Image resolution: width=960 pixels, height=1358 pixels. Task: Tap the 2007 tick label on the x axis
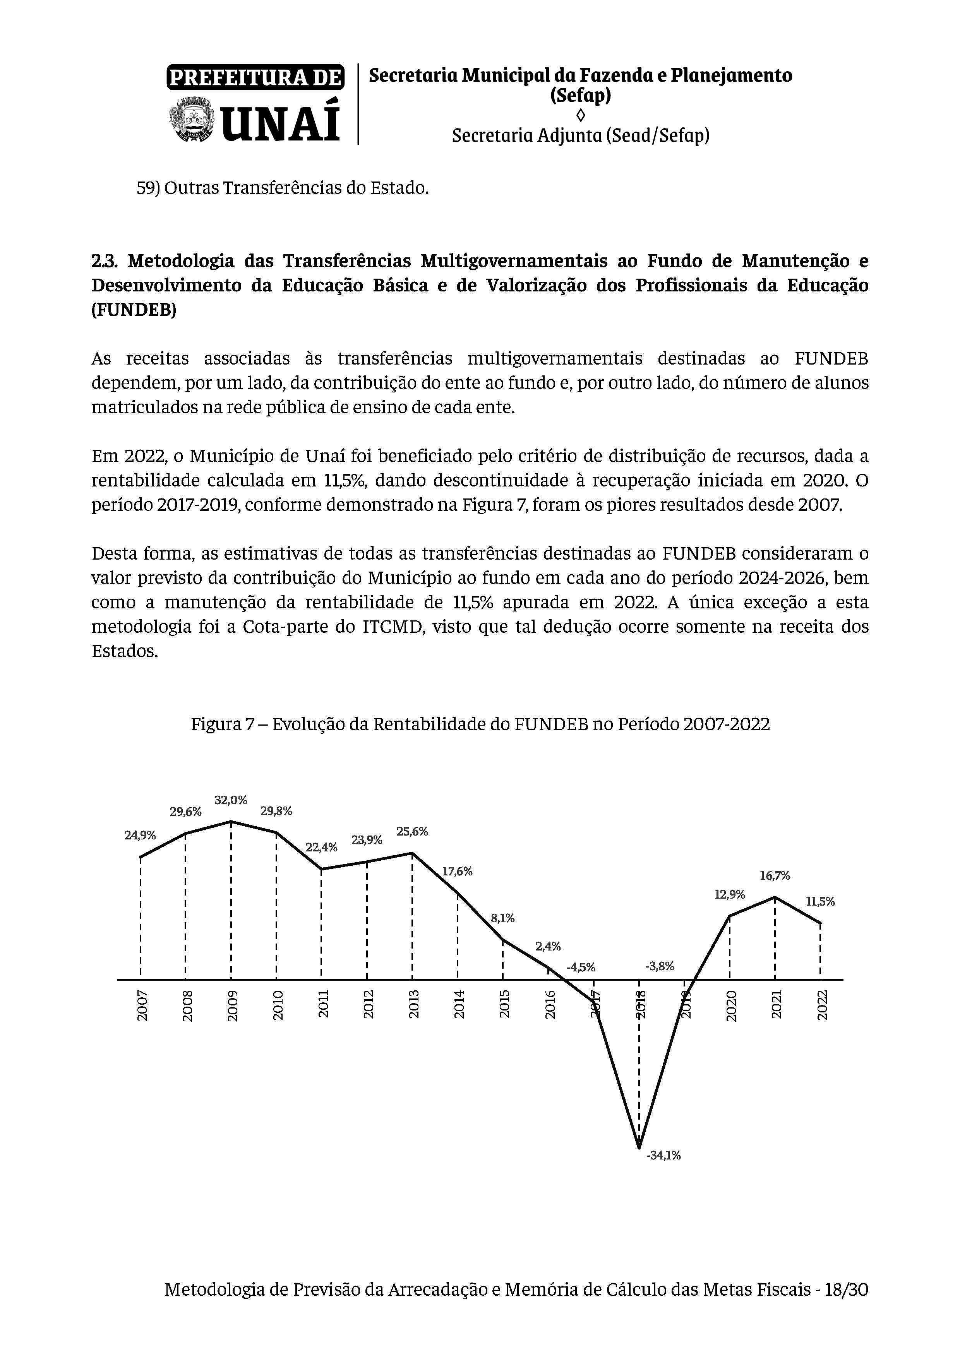[x=142, y=1005]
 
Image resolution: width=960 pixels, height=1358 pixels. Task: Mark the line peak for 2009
[x=231, y=822]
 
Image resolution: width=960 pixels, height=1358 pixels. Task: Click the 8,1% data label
[x=503, y=918]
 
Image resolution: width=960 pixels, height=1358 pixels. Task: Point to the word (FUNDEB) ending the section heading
[x=134, y=310]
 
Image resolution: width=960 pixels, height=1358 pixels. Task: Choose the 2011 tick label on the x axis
[x=323, y=1005]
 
